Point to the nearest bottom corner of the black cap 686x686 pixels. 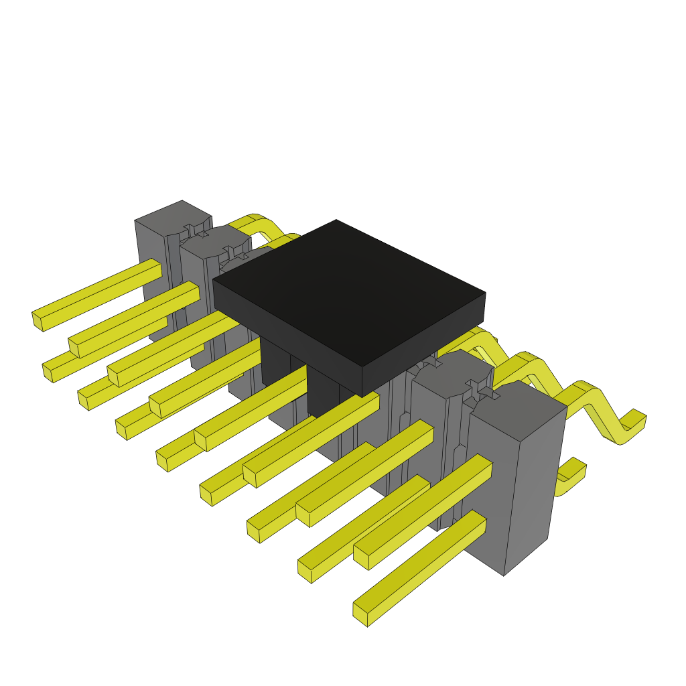tap(362, 396)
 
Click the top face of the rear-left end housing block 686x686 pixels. tap(173, 216)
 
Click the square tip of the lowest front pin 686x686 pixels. tap(360, 615)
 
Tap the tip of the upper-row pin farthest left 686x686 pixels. tap(38, 320)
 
